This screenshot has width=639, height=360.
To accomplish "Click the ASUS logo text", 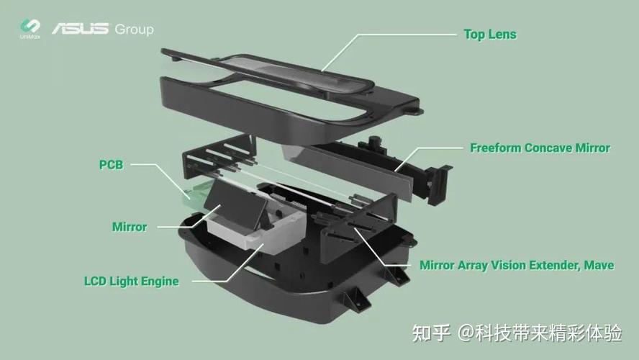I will point(81,30).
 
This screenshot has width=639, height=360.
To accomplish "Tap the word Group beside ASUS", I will point(133,30).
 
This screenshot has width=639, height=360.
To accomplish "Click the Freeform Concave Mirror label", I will point(540,148).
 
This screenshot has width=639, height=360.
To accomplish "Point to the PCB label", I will point(111,165).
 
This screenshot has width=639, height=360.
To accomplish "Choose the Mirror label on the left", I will point(130,227).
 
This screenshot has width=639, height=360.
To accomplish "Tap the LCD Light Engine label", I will point(131,281).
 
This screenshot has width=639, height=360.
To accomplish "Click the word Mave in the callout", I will point(599,265).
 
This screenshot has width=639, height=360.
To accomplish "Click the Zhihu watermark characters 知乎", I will point(430,333).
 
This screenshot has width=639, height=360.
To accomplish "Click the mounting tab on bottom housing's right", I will point(356,297).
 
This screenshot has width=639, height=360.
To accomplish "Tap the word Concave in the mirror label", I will point(548,148).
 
